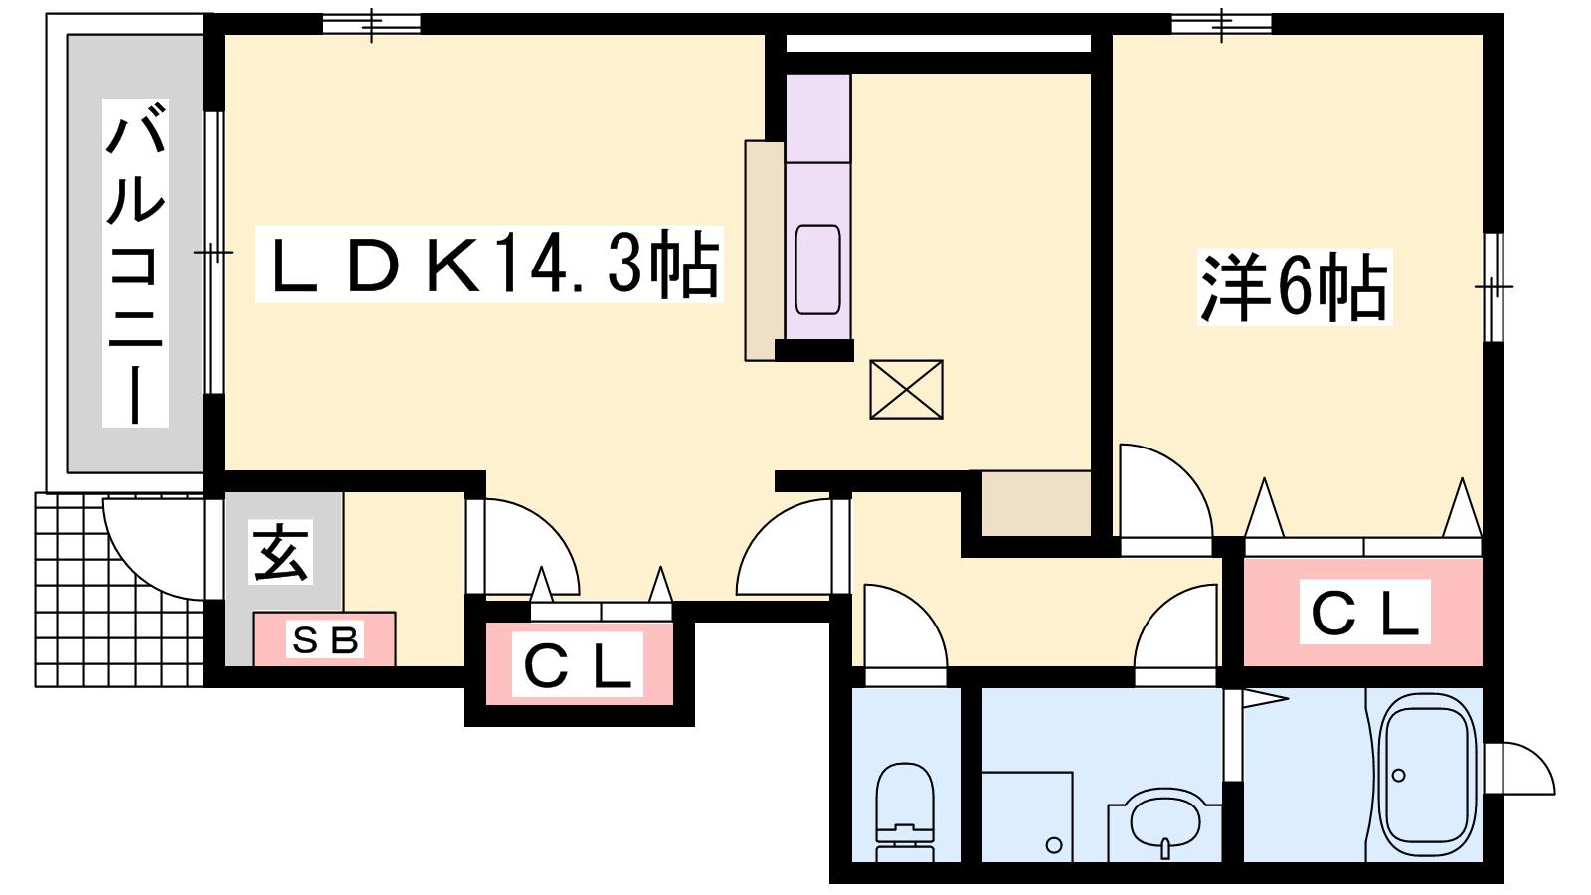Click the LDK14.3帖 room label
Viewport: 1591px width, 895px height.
click(488, 265)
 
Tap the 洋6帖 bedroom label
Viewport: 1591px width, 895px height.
click(1294, 287)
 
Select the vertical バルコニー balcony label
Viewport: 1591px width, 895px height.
click(135, 263)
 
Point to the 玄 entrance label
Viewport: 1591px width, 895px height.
click(280, 553)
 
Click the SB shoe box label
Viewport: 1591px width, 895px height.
click(325, 639)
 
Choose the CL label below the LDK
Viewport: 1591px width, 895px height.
click(578, 665)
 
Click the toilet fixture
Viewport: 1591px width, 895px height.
click(905, 811)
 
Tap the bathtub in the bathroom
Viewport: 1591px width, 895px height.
click(1423, 777)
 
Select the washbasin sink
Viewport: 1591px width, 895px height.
click(1164, 825)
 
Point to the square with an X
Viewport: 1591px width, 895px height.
click(906, 389)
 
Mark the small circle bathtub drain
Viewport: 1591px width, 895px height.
click(1399, 775)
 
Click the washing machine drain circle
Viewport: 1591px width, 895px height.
click(1054, 845)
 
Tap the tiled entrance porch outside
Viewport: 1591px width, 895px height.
click(119, 590)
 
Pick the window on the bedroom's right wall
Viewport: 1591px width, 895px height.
click(1494, 287)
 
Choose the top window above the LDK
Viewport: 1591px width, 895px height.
click(372, 24)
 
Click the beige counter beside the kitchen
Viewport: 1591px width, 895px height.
click(765, 250)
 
